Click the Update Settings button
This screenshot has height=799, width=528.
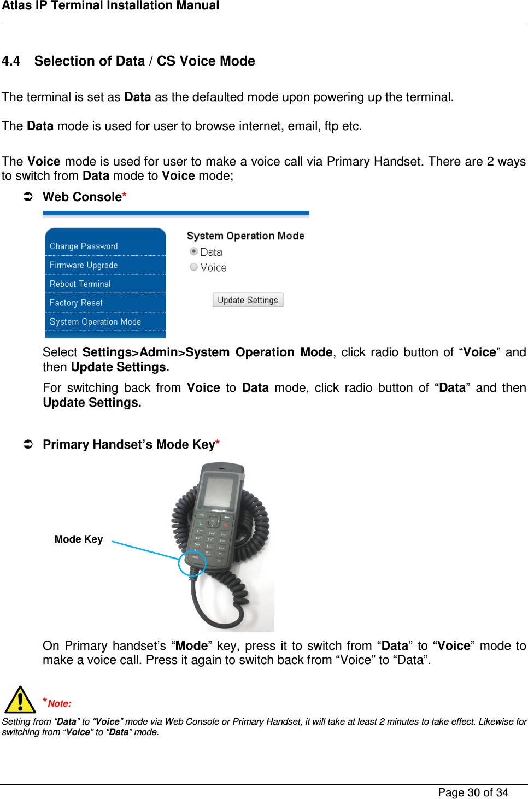(248, 300)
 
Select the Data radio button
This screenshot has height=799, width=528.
(193, 251)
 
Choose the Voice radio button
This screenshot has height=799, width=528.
(193, 267)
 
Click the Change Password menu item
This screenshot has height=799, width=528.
(84, 246)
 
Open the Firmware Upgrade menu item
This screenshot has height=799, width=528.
(84, 265)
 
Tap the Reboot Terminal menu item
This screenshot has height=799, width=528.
(80, 284)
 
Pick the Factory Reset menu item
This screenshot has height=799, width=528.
(76, 303)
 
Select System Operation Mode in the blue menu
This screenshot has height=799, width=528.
(95, 322)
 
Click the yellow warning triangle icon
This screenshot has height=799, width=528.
(20, 700)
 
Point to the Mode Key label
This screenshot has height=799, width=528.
(79, 539)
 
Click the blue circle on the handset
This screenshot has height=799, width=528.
(192, 563)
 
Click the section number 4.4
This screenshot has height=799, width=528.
(11, 61)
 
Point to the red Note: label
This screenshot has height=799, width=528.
(59, 703)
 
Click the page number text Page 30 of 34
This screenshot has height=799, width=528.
(473, 792)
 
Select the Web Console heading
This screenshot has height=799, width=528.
(83, 197)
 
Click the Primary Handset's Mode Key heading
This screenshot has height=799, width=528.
(129, 445)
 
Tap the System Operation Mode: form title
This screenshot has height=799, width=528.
(246, 236)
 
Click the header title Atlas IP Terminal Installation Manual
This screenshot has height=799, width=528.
(110, 6)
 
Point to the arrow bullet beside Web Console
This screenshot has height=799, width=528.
(28, 197)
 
